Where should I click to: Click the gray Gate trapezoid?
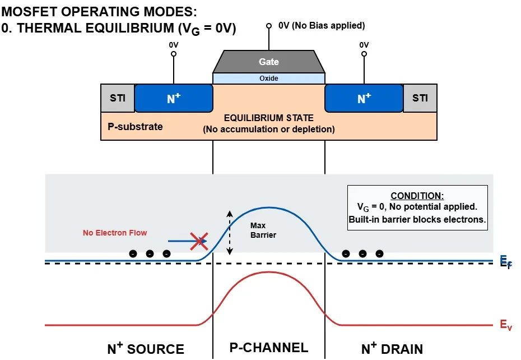(269, 62)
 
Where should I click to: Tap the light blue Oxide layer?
(269, 79)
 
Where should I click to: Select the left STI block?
(118, 98)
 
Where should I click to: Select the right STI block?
(420, 98)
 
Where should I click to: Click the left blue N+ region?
(174, 99)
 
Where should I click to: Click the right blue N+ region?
(364, 99)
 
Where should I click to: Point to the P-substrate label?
(135, 126)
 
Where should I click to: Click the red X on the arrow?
(199, 242)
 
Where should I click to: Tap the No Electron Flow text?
(115, 233)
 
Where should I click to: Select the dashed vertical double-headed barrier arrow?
(229, 233)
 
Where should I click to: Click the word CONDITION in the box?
(417, 196)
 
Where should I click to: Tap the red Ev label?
(505, 325)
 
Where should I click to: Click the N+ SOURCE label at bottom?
(145, 348)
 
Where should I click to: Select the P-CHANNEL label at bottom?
(269, 348)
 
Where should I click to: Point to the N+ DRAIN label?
(392, 348)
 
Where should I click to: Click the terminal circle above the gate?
(269, 26)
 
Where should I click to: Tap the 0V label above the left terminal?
(174, 45)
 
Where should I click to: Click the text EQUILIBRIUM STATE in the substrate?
(269, 118)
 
